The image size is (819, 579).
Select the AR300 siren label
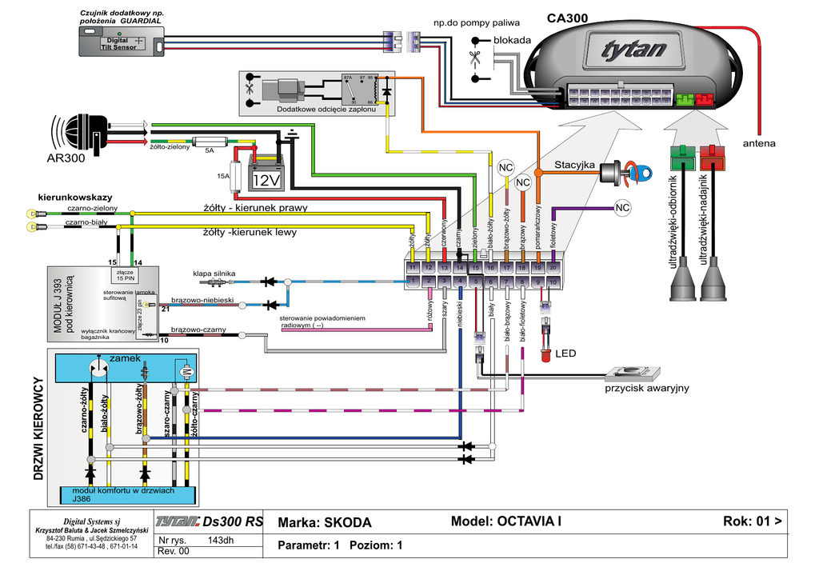pos(65,158)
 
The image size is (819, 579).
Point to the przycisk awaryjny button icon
pos(632,372)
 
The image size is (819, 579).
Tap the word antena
pos(759,144)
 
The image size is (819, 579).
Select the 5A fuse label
pos(210,150)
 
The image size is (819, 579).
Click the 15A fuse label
pos(223,175)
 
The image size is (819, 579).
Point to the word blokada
pos(511,39)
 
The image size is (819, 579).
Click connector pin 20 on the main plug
pos(553,266)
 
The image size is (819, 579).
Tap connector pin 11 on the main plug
pos(413,266)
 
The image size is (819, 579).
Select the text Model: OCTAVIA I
pos(506,521)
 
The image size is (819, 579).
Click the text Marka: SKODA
pos(325,523)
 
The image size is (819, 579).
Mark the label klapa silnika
pos(214,274)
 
